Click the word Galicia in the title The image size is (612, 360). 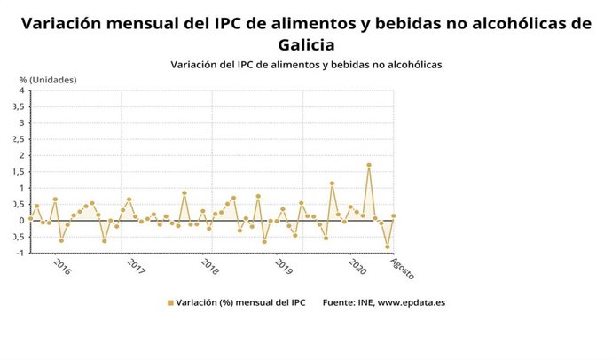(x=306, y=45)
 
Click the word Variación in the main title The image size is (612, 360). (x=61, y=23)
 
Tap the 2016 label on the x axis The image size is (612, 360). (x=61, y=266)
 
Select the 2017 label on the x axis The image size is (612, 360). (x=136, y=266)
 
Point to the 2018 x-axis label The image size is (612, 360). (x=210, y=266)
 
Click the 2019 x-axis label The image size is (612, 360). (x=284, y=266)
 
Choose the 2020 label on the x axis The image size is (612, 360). (x=358, y=266)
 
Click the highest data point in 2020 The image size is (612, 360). (x=368, y=165)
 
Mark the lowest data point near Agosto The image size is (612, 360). (x=387, y=247)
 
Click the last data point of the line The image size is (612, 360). (x=393, y=215)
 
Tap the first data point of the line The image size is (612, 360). (x=30, y=217)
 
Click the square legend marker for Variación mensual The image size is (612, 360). (x=170, y=303)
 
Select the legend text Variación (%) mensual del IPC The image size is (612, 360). (x=241, y=303)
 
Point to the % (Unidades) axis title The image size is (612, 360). (x=47, y=80)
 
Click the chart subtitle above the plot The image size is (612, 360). (x=306, y=65)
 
